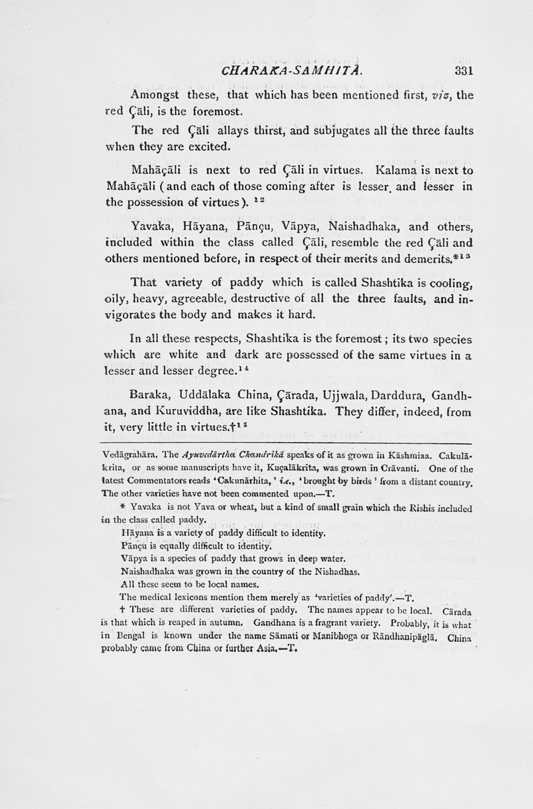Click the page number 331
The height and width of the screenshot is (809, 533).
coord(460,70)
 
